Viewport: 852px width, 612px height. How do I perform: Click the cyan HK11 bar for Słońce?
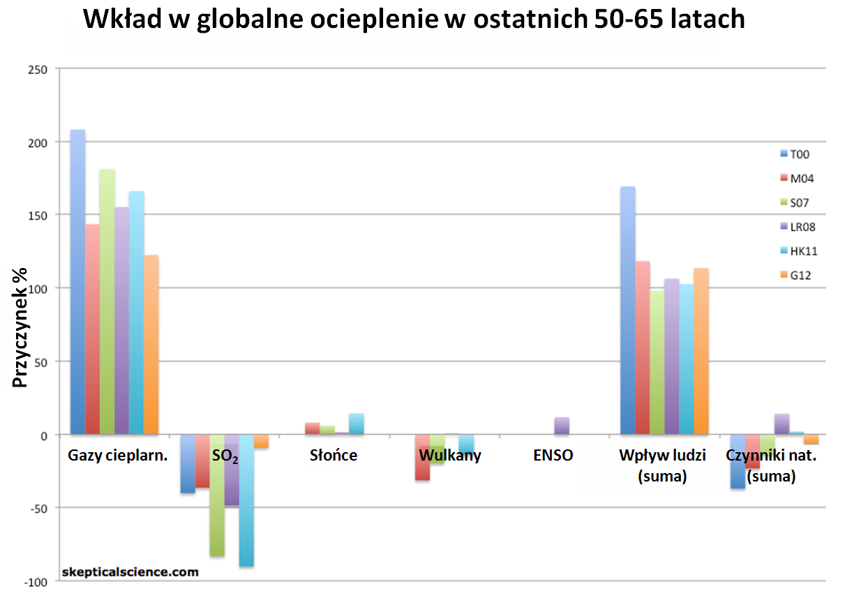tap(357, 424)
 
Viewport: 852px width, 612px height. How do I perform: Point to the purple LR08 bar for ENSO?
tap(562, 426)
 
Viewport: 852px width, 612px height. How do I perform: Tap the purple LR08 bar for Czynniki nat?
tap(782, 424)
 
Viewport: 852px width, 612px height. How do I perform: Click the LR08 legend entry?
tap(800, 226)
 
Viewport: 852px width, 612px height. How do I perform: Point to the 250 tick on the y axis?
tap(38, 68)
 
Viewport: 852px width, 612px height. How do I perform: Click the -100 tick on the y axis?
tap(36, 582)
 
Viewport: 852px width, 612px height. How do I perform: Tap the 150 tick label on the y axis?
tap(38, 215)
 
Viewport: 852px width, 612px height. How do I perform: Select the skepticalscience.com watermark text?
tap(130, 572)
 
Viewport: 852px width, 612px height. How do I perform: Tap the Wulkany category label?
tap(450, 456)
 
